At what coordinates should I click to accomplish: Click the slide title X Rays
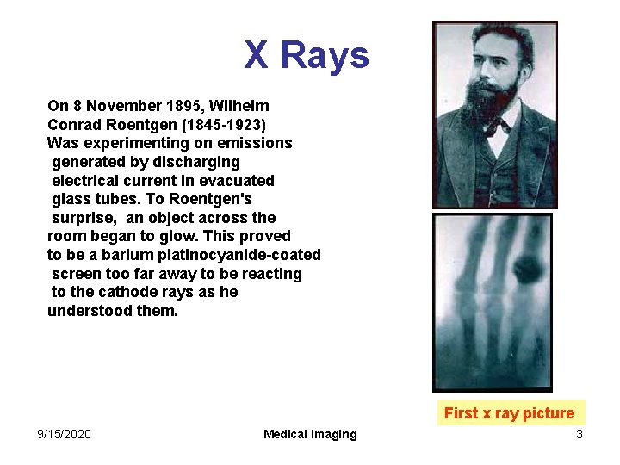pos(307,56)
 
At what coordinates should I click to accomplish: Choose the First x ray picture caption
pos(509,413)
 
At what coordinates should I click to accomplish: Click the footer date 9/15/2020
pos(65,434)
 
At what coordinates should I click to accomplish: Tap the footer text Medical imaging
pos(310,434)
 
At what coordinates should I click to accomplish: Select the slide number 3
pos(580,434)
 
